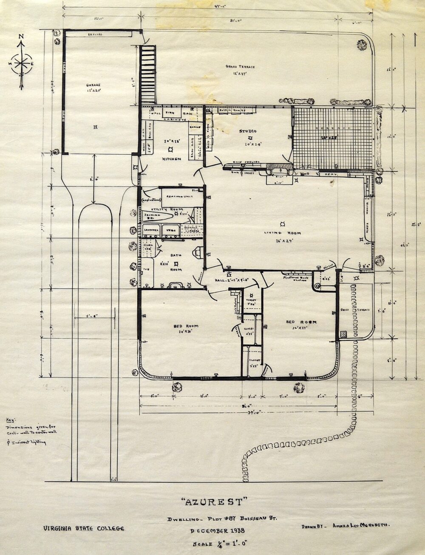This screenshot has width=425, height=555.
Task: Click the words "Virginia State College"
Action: pos(83,528)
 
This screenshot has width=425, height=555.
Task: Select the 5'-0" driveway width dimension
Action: pos(94,316)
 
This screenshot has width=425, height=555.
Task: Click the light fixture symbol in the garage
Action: pos(96,127)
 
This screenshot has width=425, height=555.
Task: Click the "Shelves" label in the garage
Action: pos(95,34)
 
